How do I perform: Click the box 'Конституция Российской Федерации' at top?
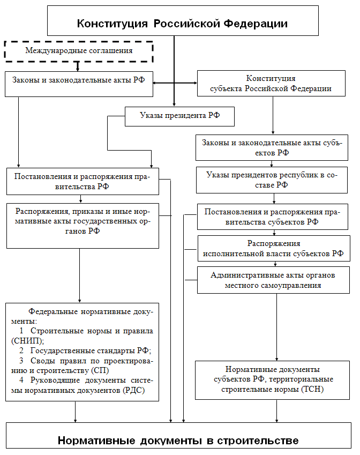(x=182, y=23)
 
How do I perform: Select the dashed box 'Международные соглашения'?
(x=79, y=51)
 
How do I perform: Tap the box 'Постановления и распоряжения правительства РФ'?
(x=83, y=181)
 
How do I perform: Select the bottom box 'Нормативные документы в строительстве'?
(x=178, y=440)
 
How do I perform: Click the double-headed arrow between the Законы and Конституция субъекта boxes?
(x=175, y=83)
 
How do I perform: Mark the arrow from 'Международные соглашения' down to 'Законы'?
(x=78, y=66)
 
